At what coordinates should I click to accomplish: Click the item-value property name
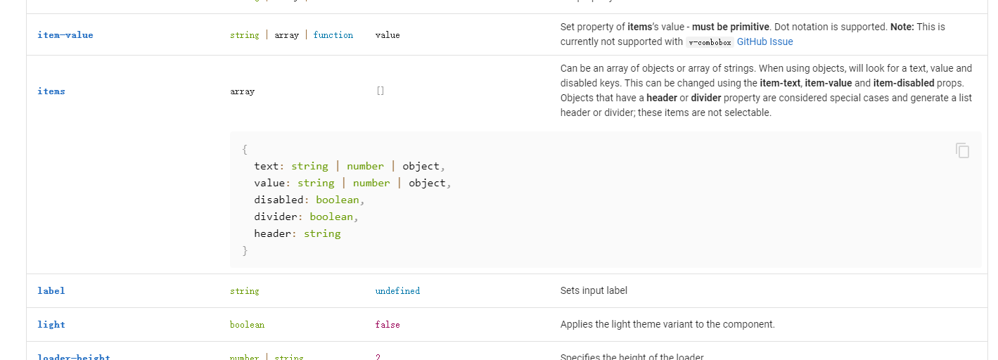[x=65, y=35]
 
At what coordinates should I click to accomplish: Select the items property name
[x=51, y=91]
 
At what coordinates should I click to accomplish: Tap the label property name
[x=51, y=291]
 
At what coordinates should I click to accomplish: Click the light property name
[x=51, y=325]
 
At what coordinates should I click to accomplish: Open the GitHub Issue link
[x=765, y=41]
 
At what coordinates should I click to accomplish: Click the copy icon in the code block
[x=962, y=150]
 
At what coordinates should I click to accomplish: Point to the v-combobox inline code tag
[x=709, y=42]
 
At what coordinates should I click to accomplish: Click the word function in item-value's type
[x=333, y=35]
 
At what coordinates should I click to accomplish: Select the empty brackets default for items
[x=380, y=91]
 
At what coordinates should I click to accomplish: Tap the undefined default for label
[x=397, y=291]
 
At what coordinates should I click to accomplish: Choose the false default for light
[x=388, y=325]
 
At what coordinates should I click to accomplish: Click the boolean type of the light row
[x=247, y=325]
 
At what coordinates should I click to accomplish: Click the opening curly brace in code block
[x=245, y=149]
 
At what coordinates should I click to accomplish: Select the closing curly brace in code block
[x=245, y=250]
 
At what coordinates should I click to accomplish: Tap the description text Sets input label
[x=594, y=290]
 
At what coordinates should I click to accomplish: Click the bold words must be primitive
[x=731, y=27]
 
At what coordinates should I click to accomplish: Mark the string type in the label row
[x=244, y=291]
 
